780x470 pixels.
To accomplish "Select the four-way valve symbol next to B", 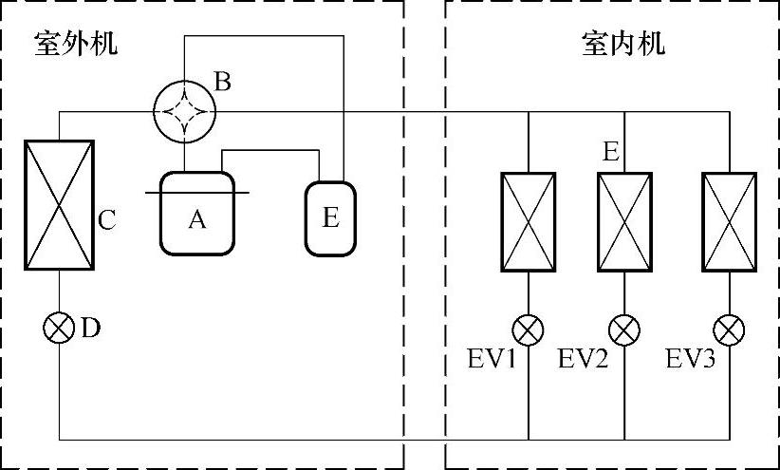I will click(x=185, y=111).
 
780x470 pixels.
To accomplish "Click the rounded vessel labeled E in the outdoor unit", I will click(x=330, y=217).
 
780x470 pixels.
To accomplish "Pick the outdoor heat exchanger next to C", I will click(x=60, y=204).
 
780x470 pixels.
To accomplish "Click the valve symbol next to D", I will click(x=60, y=329).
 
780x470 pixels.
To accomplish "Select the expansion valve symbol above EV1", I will click(x=528, y=330).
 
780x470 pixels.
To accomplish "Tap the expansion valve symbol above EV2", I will click(x=623, y=330).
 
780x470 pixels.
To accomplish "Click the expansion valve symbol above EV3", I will click(x=729, y=330).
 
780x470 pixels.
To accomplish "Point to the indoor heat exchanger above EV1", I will click(x=528, y=220).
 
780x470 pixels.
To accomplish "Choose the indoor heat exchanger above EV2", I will click(x=623, y=220).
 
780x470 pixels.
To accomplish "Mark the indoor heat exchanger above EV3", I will click(x=729, y=220).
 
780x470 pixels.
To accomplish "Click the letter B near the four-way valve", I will click(x=222, y=82).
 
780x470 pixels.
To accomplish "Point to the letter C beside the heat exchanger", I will click(x=107, y=220).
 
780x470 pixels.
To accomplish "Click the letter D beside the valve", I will click(x=90, y=329).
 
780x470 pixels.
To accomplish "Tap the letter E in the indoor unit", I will click(x=611, y=152).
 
